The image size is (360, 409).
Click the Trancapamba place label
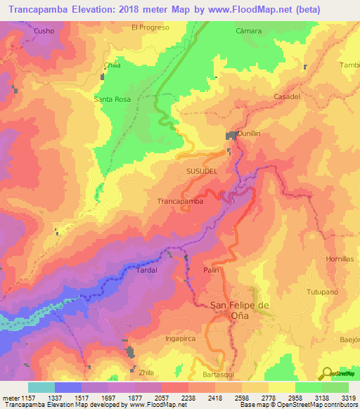pyautogui.click(x=180, y=201)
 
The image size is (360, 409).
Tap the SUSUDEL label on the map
pyautogui.click(x=202, y=171)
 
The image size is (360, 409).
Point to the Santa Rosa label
pyautogui.click(x=112, y=100)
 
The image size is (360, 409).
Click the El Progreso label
pyautogui.click(x=150, y=27)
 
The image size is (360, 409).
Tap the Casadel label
pyautogui.click(x=287, y=96)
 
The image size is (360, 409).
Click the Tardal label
pyautogui.click(x=146, y=270)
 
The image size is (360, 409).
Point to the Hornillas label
pyautogui.click(x=341, y=259)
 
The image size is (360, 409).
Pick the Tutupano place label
pyautogui.click(x=323, y=291)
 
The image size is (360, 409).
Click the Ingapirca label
pyautogui.click(x=160, y=339)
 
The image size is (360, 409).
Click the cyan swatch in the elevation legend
pyautogui.click(x=41, y=387)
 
